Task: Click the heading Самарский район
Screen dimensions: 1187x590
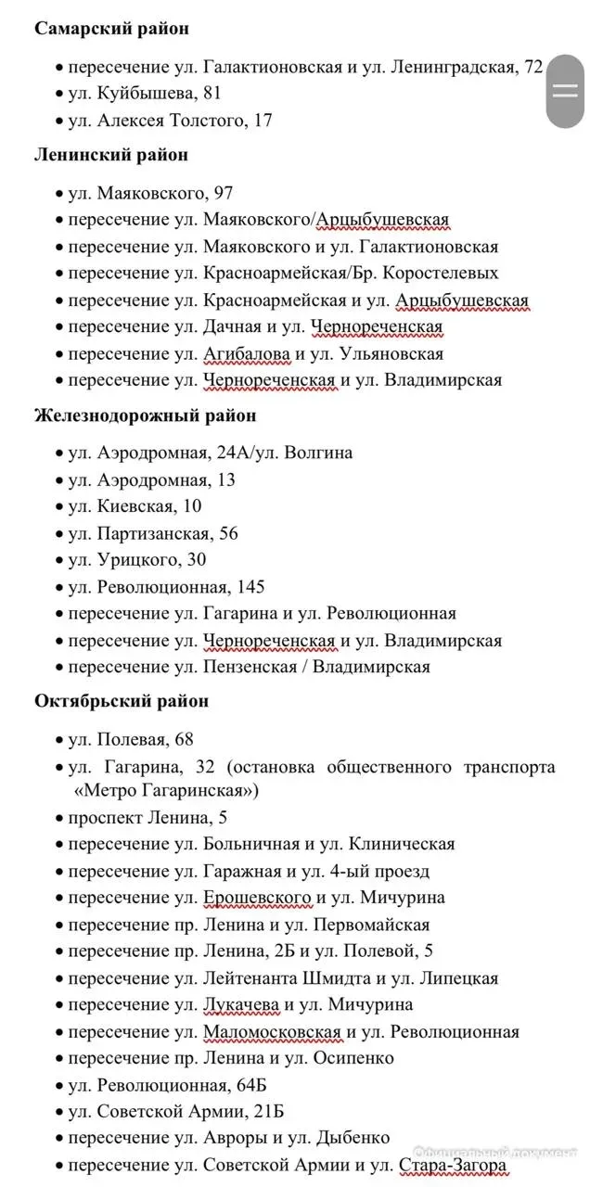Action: tap(111, 28)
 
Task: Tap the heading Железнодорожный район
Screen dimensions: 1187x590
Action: tap(145, 415)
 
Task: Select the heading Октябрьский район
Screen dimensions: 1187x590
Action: tap(121, 701)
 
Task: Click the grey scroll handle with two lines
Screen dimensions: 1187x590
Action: tap(565, 91)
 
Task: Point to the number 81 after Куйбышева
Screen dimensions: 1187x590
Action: tap(211, 94)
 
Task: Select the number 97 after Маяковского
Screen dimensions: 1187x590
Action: tap(223, 194)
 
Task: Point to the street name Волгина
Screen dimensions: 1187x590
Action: tap(319, 453)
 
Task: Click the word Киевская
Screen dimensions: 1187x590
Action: tap(135, 506)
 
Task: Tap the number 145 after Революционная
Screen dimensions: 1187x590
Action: tap(250, 587)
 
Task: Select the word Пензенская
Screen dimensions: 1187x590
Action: tap(249, 667)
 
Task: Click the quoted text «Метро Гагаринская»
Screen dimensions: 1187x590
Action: tap(166, 791)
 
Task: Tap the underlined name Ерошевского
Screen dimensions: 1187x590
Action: tap(256, 898)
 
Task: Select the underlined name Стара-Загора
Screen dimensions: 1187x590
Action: tap(453, 1165)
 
